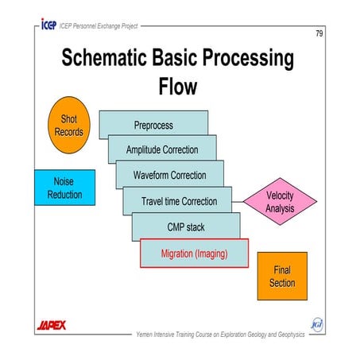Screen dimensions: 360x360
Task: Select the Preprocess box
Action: tap(153, 125)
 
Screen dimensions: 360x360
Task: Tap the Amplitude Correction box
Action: tap(162, 149)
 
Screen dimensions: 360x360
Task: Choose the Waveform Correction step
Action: tap(171, 175)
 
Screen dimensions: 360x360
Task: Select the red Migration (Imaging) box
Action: tap(195, 253)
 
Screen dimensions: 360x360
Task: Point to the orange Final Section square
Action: tap(281, 277)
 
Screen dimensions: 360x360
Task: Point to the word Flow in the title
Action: tap(180, 87)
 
